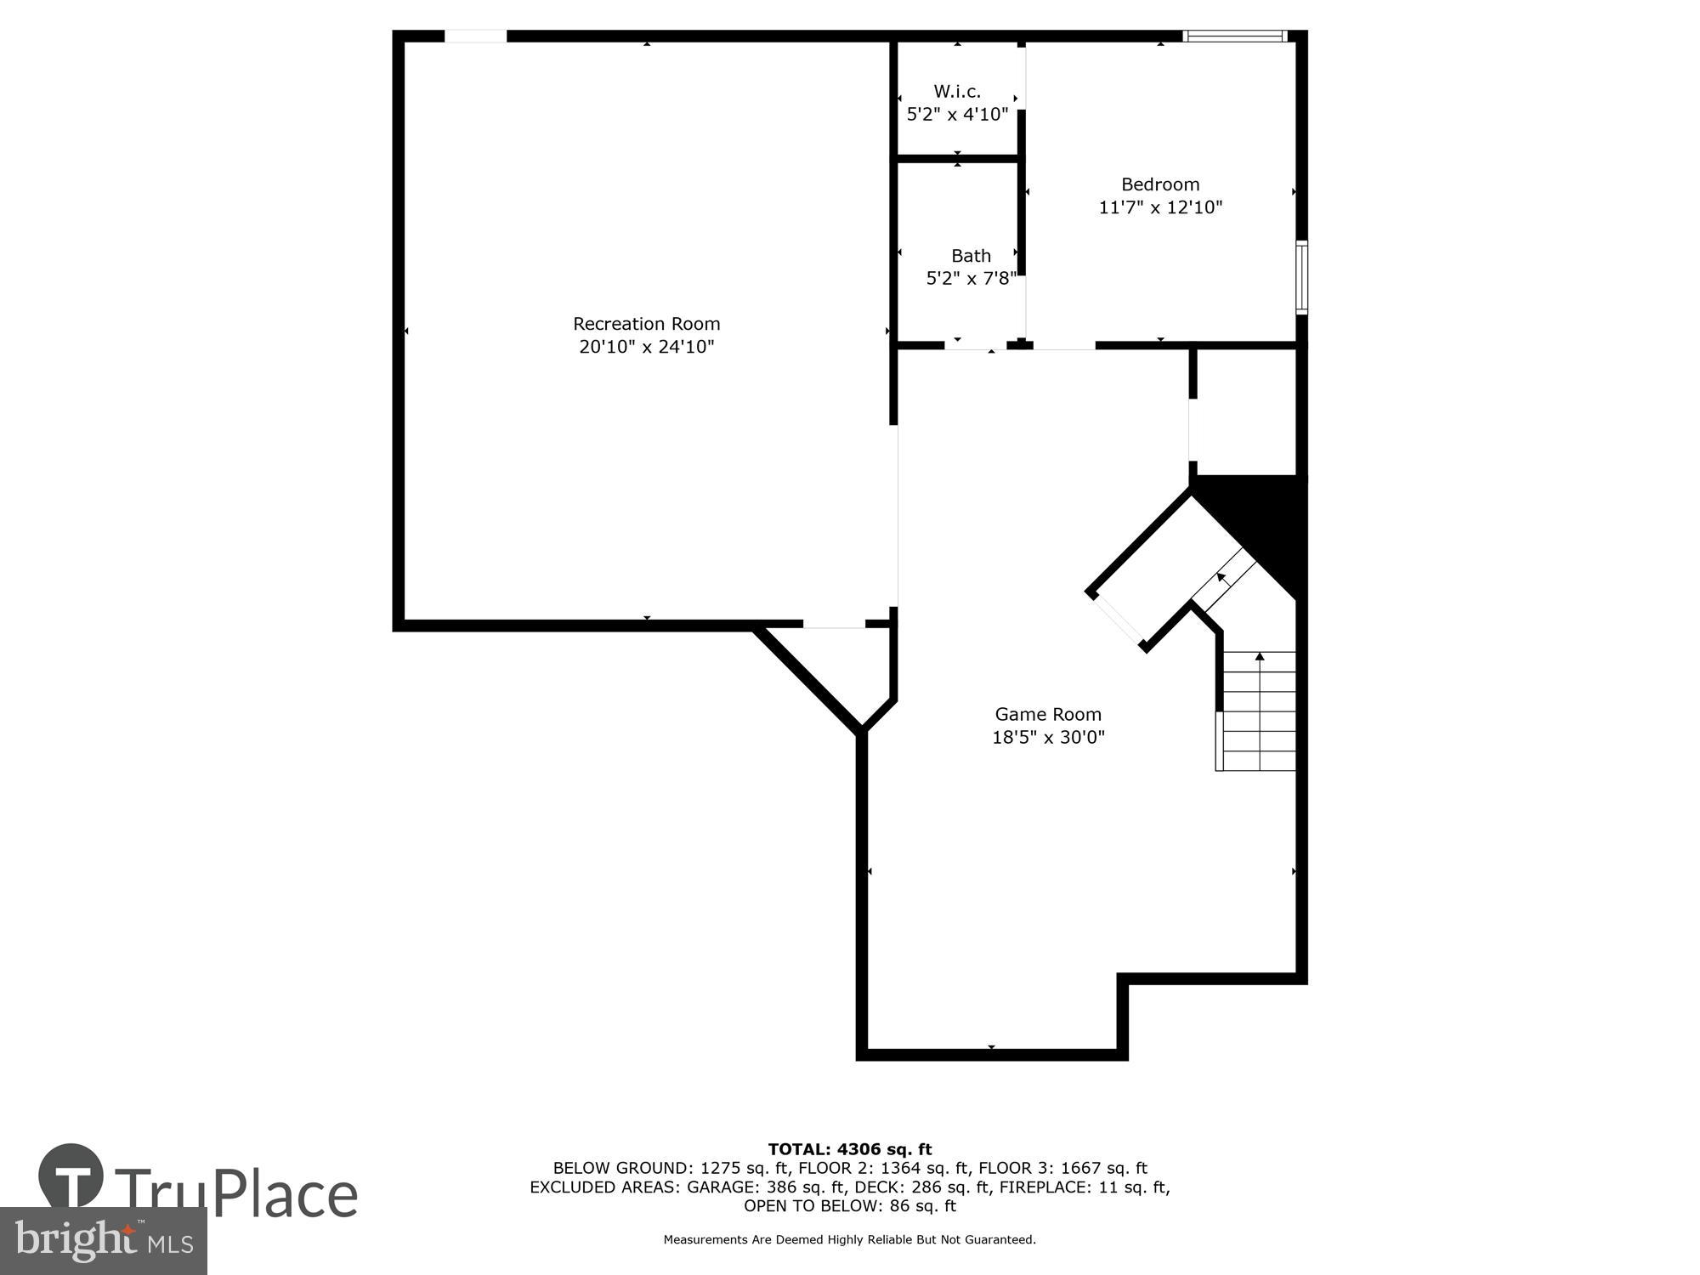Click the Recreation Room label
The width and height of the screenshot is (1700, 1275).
[x=646, y=324]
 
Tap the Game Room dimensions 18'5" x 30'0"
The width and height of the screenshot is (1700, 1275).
[x=1048, y=737]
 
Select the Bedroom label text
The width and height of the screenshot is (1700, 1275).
[x=1160, y=184]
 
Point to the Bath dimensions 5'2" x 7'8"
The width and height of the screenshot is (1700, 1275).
[x=971, y=279]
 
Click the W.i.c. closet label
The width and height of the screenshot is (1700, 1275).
[x=957, y=91]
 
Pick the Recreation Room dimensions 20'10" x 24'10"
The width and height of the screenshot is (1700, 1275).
[x=646, y=347]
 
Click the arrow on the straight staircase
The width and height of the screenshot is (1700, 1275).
[x=1260, y=657]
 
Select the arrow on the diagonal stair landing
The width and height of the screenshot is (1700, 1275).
[x=1221, y=578]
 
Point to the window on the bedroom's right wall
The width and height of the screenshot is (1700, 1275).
[x=1301, y=277]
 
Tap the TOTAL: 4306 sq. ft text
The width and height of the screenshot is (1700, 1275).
[x=850, y=1150]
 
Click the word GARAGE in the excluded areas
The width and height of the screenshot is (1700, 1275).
[x=722, y=1187]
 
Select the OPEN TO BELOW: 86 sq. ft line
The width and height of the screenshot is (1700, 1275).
[x=850, y=1206]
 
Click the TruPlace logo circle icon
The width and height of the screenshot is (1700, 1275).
[x=71, y=1176]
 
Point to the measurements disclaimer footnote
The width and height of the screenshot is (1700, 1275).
[x=850, y=1240]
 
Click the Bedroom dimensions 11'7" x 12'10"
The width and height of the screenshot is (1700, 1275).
[x=1160, y=207]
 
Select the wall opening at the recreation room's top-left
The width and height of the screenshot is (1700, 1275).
[x=476, y=36]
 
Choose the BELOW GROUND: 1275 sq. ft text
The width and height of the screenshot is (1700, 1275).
[x=671, y=1169]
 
